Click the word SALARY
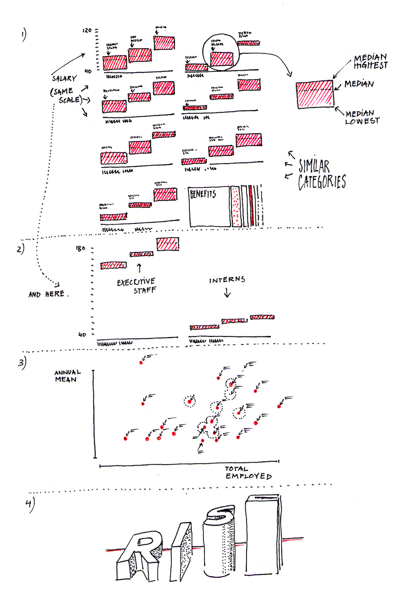click(x=65, y=78)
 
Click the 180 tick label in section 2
click(x=81, y=248)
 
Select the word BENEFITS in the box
click(x=203, y=194)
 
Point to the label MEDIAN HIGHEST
click(x=370, y=61)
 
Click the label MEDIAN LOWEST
click(x=362, y=118)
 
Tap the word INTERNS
click(x=227, y=280)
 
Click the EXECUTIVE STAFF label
click(x=136, y=286)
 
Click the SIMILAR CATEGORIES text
click(x=321, y=174)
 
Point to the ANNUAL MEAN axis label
click(x=67, y=376)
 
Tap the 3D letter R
click(x=138, y=553)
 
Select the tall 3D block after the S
click(x=262, y=534)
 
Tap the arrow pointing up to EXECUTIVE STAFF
click(x=139, y=268)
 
